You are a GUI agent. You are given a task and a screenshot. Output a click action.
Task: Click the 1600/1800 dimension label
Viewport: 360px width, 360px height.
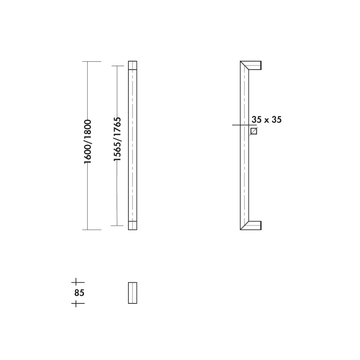tap(88, 141)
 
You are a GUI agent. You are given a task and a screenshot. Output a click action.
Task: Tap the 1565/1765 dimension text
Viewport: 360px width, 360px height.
tap(117, 139)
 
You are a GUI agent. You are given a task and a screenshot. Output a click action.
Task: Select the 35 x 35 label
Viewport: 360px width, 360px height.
tap(266, 120)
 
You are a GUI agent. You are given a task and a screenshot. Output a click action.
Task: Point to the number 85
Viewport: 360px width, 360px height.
tap(79, 293)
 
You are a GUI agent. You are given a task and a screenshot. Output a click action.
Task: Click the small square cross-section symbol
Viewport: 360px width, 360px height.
tap(253, 131)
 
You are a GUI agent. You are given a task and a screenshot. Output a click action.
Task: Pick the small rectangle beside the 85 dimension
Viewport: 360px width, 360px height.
tap(133, 293)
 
